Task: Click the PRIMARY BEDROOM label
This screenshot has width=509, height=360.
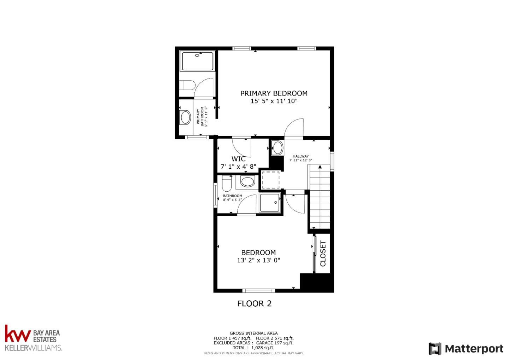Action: point(274,93)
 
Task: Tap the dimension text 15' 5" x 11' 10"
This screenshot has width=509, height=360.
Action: point(274,101)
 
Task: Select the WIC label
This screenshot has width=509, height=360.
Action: point(238,159)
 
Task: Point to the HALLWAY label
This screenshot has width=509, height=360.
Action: point(300,156)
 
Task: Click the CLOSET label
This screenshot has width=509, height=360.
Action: point(323,253)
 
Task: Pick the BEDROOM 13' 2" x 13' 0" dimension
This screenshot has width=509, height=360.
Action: point(258,260)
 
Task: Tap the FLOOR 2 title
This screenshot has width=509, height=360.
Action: point(254,303)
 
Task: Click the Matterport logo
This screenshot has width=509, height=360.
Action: point(466,349)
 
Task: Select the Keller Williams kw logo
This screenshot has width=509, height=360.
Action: point(18,334)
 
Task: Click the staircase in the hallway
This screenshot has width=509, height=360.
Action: point(320,198)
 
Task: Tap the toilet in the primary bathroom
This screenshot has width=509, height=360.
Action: point(187,86)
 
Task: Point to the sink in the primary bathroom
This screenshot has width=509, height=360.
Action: point(185,117)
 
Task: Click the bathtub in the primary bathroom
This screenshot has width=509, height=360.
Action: point(197,62)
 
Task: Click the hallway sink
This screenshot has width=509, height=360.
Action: point(278,148)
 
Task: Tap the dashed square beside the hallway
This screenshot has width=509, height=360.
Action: point(270,180)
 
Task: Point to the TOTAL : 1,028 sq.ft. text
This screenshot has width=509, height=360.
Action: point(253,348)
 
